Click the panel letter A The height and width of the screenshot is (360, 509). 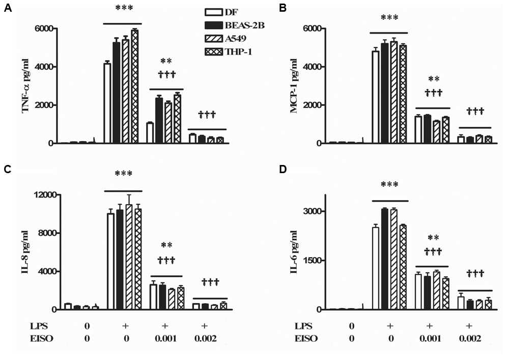[x=7, y=9]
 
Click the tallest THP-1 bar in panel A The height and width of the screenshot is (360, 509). [x=134, y=87]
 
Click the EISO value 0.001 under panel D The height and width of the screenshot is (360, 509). [x=429, y=338]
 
